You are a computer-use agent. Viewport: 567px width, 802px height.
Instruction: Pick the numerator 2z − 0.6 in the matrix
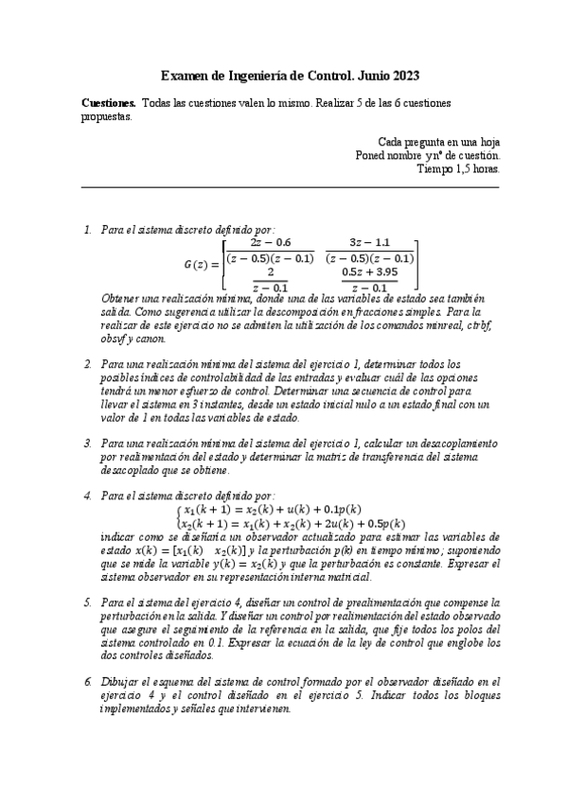(x=271, y=243)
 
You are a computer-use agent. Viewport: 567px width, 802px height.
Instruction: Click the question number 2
(x=87, y=364)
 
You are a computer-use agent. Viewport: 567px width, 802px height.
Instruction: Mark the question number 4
(x=87, y=496)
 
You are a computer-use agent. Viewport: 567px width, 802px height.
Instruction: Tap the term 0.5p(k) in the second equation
(x=384, y=523)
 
